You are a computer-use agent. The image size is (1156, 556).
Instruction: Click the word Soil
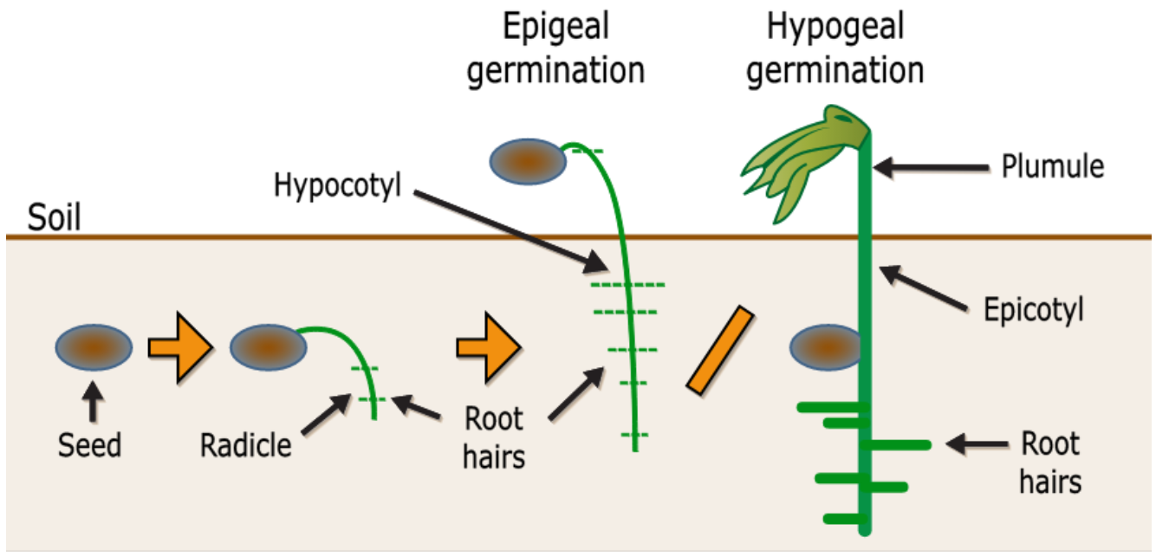pos(55,217)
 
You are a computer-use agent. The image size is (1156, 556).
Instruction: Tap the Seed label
pos(90,445)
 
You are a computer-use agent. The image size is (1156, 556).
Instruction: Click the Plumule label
pos(1052,165)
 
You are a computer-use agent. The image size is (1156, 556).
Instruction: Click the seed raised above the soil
pos(528,162)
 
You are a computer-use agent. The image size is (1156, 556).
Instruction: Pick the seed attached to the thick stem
pos(825,348)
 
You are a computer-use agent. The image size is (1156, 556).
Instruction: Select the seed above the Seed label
pos(94,347)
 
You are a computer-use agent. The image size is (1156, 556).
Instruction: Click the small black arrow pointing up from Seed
pos(94,401)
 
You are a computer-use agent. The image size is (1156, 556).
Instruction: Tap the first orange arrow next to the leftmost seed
pos(179,348)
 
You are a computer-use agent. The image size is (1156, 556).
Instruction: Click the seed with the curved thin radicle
pos(268,347)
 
